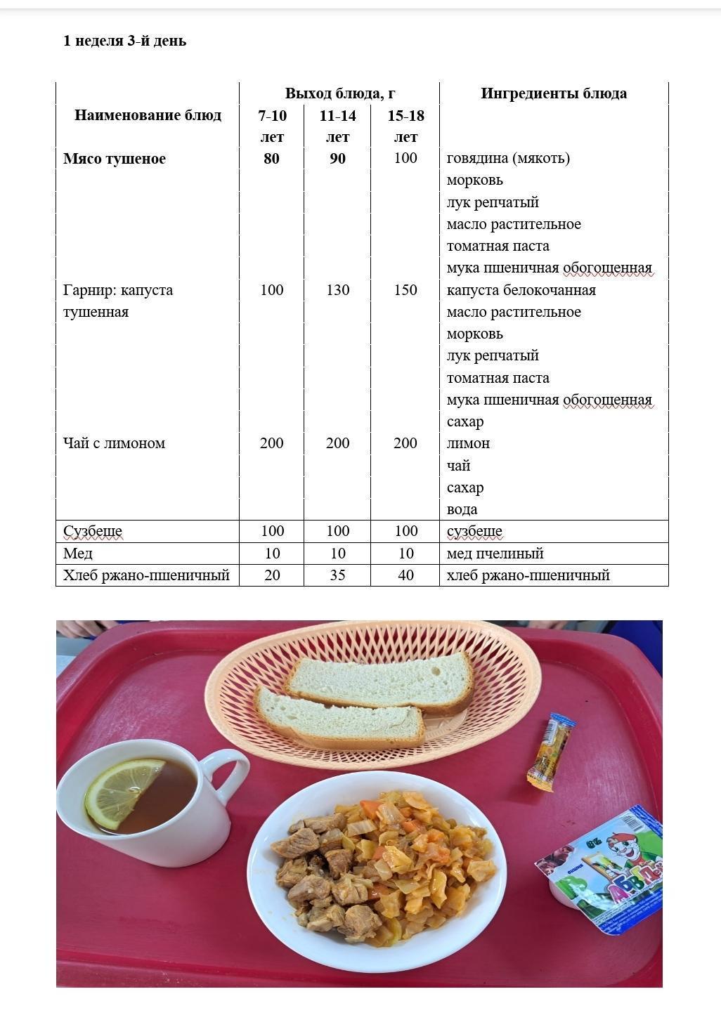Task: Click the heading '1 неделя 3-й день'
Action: click(124, 41)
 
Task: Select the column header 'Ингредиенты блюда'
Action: click(554, 93)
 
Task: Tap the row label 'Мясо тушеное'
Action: click(115, 159)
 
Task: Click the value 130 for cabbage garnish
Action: click(337, 290)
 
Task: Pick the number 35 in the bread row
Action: click(337, 575)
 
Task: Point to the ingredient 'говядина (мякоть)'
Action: click(508, 158)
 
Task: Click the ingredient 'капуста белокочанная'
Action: click(521, 290)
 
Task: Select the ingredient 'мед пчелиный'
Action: click(495, 554)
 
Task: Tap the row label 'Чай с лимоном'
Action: click(114, 443)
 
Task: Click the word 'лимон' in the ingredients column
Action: click(468, 443)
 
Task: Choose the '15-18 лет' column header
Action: click(405, 126)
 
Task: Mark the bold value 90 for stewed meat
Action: click(337, 159)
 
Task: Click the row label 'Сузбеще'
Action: click(93, 531)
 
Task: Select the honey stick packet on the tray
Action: click(551, 752)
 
